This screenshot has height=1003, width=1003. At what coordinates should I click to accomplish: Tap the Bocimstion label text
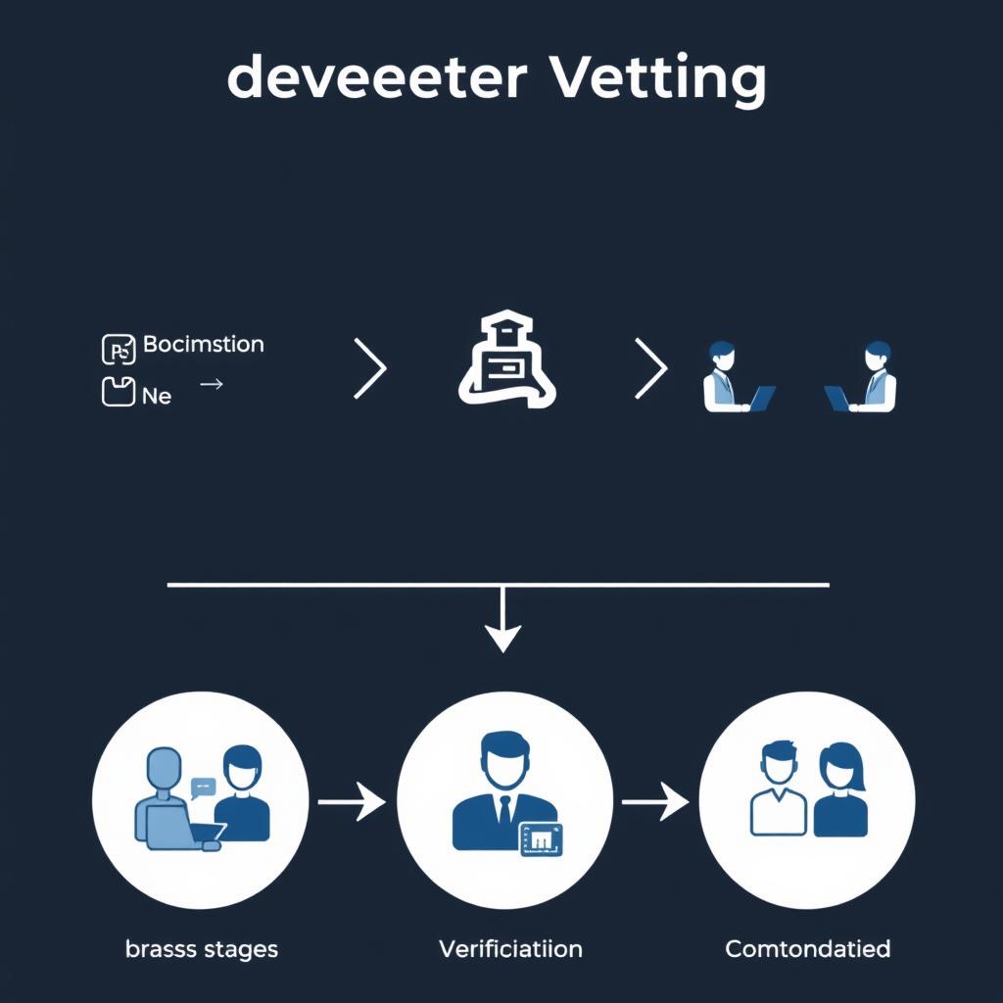pyautogui.click(x=203, y=345)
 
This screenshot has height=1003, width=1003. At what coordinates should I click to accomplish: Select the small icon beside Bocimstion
pyautogui.click(x=118, y=350)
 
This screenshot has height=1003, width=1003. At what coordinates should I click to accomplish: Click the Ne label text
pyautogui.click(x=157, y=396)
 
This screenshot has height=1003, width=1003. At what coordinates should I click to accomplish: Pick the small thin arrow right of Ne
pyautogui.click(x=211, y=385)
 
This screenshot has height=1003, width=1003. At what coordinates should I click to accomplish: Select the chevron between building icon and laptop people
pyautogui.click(x=651, y=369)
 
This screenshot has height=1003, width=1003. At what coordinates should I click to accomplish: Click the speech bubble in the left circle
pyautogui.click(x=204, y=786)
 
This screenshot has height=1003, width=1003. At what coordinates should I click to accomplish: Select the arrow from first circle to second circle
pyautogui.click(x=352, y=801)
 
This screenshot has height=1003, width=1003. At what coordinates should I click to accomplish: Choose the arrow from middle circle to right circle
pyautogui.click(x=655, y=801)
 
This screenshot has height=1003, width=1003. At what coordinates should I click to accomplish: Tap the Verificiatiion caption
pyautogui.click(x=510, y=948)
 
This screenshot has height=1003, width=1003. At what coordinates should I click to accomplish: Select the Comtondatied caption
pyautogui.click(x=807, y=948)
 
